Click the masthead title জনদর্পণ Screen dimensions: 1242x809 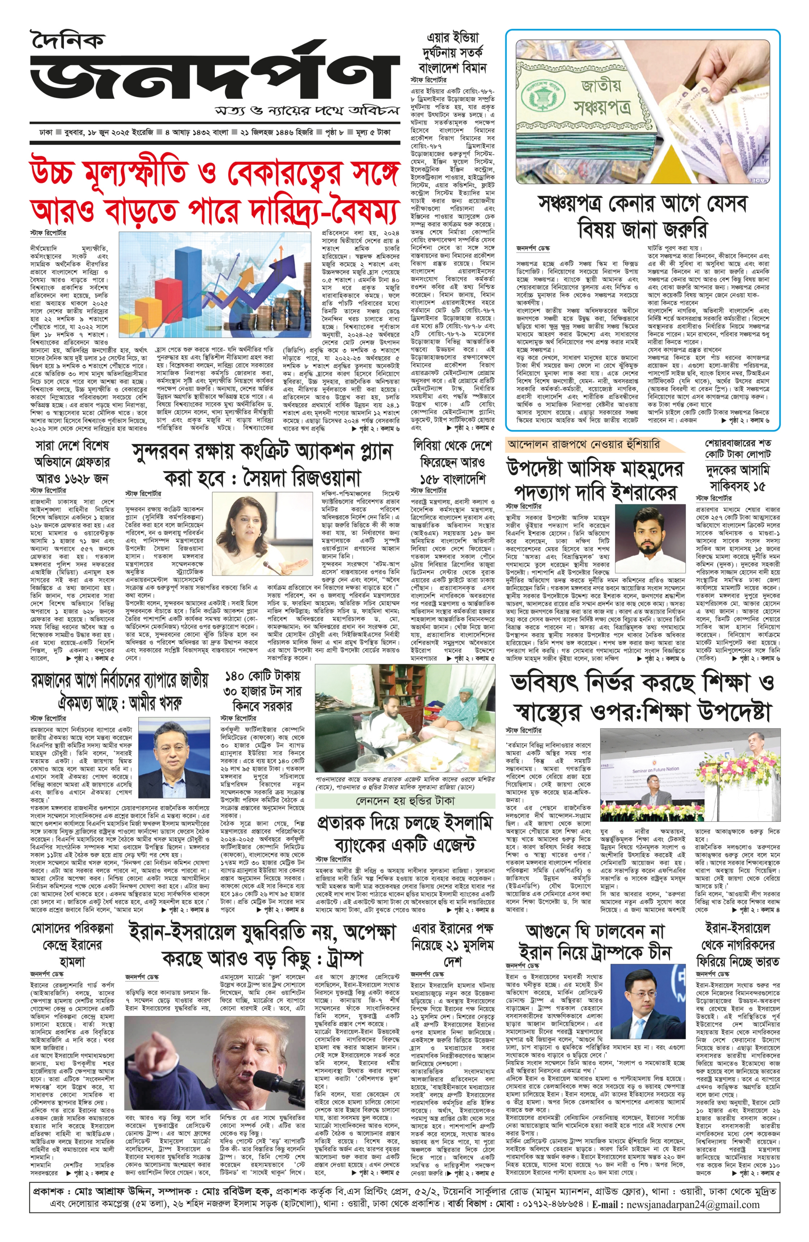tap(214, 78)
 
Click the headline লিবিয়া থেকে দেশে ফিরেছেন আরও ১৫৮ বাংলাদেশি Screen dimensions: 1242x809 tap(452, 462)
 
